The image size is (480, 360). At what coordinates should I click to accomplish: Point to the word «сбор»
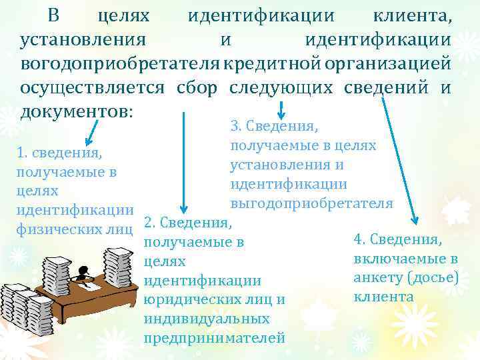(197, 87)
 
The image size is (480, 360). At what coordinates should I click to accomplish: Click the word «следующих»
(281, 87)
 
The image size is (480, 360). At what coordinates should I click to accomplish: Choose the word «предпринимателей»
(214, 337)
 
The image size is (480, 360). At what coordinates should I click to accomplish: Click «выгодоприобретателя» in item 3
(311, 203)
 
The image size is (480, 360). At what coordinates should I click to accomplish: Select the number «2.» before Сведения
(151, 221)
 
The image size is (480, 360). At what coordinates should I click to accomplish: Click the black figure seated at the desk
(84, 271)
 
